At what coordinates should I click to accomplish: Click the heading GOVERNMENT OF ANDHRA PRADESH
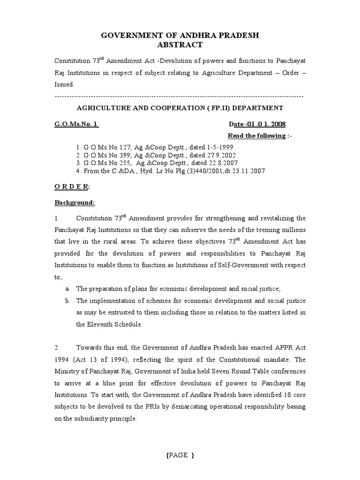point(180,36)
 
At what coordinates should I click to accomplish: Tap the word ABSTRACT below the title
point(180,45)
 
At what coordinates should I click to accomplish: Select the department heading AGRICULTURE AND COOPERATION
point(180,108)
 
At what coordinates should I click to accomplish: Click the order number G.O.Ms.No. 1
point(77,124)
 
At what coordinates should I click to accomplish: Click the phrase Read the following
point(256,135)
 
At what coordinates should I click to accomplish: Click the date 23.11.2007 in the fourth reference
point(247,171)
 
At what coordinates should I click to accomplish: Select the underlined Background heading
point(75,203)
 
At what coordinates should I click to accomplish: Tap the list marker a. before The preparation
point(67,288)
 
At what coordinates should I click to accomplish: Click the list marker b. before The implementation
point(67,300)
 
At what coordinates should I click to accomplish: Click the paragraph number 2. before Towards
point(57,347)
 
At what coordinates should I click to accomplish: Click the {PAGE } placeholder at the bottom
point(180,455)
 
